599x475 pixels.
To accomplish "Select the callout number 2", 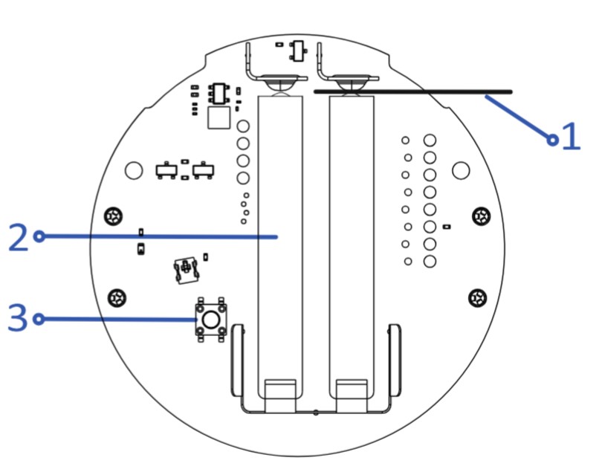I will point(18,236).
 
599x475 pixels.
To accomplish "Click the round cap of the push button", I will point(211,320).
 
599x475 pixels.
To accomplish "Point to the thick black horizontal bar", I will point(413,91).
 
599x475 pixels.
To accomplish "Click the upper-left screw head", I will point(114,216).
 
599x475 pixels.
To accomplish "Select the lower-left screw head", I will point(117,298).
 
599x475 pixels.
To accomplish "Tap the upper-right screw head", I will point(482,216).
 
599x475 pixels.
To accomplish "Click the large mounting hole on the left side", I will point(133,170).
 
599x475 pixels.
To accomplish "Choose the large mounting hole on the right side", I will point(461,170).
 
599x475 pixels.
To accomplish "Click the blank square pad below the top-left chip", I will point(219,117).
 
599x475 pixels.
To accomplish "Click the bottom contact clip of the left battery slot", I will point(280,396).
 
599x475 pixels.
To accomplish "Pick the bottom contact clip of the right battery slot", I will point(352,396).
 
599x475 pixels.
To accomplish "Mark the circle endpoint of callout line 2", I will point(39,236).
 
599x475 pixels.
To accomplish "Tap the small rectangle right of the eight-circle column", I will point(447,225).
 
